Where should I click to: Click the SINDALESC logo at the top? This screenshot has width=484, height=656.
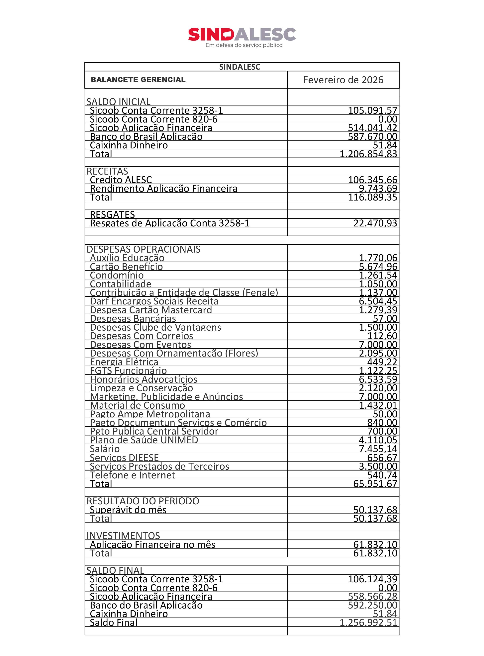242,35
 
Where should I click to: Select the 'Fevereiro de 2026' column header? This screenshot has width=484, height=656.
343,80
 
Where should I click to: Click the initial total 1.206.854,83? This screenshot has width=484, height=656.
368,154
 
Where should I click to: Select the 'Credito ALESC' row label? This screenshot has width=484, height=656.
121,180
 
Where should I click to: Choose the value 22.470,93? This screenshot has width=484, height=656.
375,223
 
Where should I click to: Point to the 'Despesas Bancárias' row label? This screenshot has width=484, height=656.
133,319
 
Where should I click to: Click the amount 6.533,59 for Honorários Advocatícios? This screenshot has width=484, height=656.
378,379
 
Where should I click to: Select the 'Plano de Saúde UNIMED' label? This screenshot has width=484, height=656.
144,440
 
